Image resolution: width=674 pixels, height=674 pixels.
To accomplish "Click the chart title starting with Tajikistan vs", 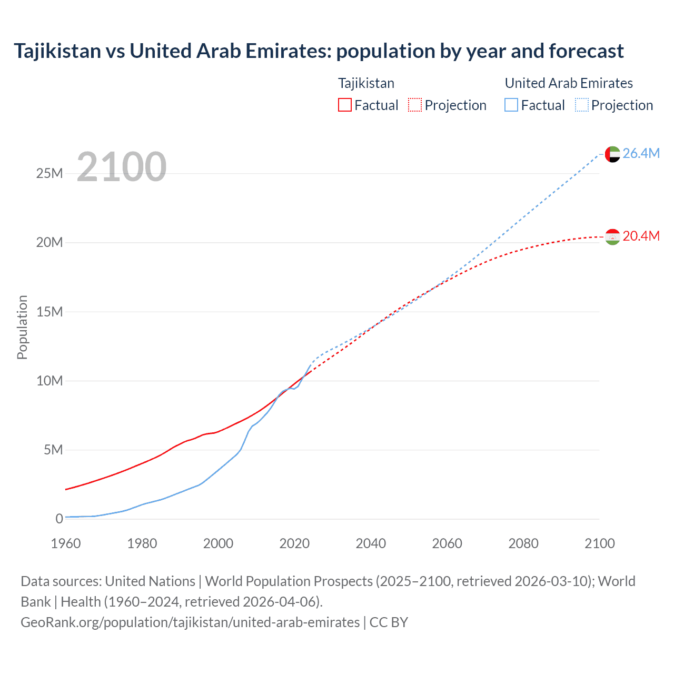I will click(319, 51).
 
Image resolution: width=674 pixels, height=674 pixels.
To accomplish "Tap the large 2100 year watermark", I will click(122, 167).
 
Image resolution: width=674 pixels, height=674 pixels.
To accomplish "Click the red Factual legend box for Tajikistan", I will click(345, 105).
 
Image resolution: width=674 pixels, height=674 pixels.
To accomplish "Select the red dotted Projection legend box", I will click(415, 105).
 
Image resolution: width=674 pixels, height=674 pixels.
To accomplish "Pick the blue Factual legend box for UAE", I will click(511, 105).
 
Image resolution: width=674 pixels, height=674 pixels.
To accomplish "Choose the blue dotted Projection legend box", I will click(581, 105).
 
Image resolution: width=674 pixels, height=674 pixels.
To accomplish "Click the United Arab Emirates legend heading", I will click(569, 83).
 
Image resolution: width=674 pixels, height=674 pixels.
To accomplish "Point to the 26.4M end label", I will click(641, 153).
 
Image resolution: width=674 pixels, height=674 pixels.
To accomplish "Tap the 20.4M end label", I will click(641, 236).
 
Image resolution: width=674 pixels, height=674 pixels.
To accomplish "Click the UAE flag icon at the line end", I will click(612, 154).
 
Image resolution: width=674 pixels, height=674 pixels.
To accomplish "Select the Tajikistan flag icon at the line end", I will click(612, 237).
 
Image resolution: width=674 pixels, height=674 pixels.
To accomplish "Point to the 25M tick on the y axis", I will click(49, 173).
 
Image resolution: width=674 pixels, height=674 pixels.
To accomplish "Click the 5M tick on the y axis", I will click(53, 450).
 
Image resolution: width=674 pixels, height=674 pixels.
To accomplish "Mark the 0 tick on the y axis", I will click(59, 519).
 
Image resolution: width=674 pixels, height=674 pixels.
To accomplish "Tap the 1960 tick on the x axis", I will click(66, 543).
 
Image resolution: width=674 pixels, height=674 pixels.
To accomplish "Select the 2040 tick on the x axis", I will click(371, 543).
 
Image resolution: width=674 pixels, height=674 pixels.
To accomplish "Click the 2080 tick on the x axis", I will click(523, 543).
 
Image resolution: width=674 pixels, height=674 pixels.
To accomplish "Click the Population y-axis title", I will click(22, 327).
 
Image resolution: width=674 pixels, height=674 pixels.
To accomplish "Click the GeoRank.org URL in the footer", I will click(190, 622).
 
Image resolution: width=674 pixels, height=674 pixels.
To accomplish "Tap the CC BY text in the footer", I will click(389, 622).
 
